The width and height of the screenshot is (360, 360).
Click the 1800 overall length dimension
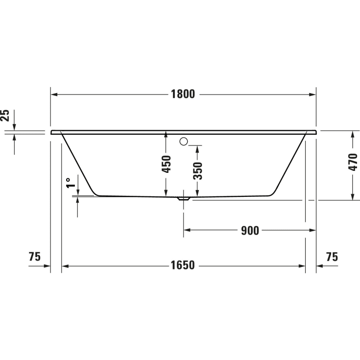183,95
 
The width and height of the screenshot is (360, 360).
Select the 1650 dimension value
183,265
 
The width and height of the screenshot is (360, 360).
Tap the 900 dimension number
250,230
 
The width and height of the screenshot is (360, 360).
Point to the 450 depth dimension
167,164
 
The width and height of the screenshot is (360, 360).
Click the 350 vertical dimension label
198,170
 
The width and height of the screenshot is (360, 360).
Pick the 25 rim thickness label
5,116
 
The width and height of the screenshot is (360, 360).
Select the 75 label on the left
34,257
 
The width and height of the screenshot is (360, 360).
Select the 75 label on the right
332,257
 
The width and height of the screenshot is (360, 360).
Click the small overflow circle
184,142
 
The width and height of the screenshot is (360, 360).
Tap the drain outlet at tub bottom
184,199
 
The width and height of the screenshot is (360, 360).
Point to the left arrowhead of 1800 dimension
54,95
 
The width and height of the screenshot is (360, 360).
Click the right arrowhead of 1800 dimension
312,95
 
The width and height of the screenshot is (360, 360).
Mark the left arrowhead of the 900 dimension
187,230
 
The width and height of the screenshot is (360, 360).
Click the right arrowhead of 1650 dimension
302,265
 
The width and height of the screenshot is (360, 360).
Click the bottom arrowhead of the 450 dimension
167,193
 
